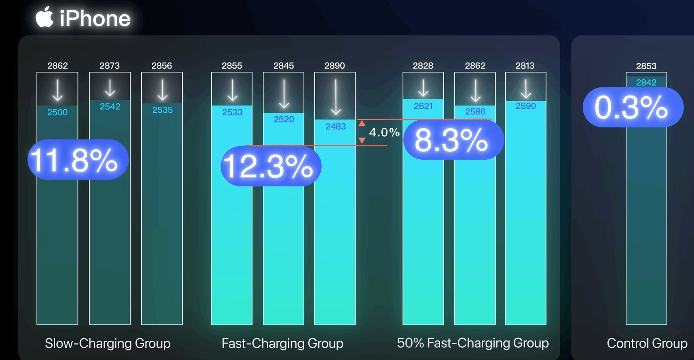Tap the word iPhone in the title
[x=95, y=19]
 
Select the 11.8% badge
[x=78, y=160]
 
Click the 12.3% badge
[x=271, y=166]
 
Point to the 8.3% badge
[x=453, y=140]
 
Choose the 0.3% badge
[x=633, y=107]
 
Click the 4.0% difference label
[x=384, y=132]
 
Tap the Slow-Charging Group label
[x=108, y=343]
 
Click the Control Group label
[x=647, y=343]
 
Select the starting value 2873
[x=110, y=66]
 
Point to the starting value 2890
[x=335, y=66]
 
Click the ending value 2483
[x=335, y=127]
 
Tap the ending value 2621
[x=423, y=106]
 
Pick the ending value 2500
[x=57, y=112]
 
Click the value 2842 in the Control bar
[x=646, y=82]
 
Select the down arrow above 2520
[x=284, y=94]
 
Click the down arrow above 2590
[x=526, y=89]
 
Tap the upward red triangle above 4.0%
[x=362, y=124]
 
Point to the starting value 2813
[x=525, y=66]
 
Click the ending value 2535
[x=162, y=110]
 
